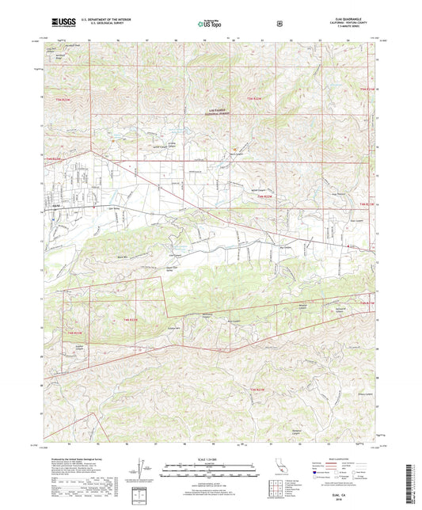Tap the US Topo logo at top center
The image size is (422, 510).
210,24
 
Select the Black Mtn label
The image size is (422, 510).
121,258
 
